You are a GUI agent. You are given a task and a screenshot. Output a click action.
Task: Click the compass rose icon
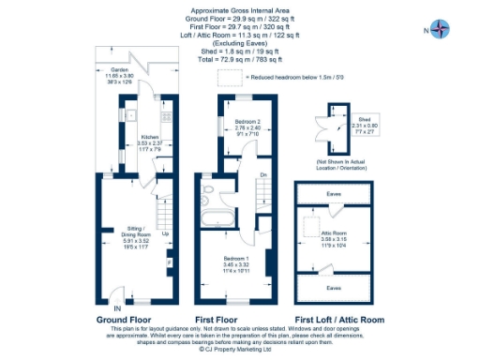439,29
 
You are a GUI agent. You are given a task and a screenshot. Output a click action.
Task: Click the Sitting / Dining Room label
139,226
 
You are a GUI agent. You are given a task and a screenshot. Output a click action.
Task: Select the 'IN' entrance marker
116,307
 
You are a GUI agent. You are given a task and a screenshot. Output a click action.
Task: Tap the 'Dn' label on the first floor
264,174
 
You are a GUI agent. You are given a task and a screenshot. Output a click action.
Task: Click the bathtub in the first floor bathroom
220,220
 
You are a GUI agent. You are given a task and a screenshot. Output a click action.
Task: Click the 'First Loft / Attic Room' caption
338,320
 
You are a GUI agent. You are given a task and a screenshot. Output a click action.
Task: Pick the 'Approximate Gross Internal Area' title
238,8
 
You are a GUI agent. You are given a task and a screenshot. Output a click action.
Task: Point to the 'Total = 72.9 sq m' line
238,59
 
